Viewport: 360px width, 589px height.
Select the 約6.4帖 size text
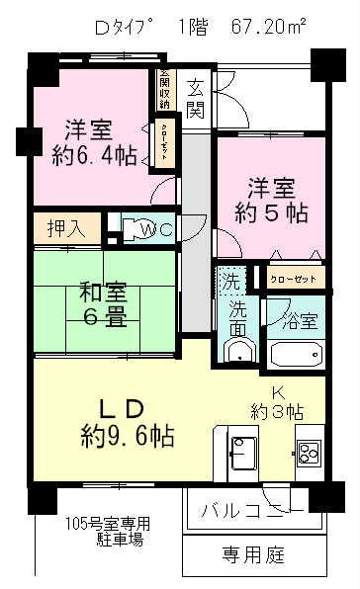point(90,153)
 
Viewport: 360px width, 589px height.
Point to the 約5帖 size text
point(270,210)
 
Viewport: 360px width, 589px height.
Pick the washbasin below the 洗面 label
point(238,352)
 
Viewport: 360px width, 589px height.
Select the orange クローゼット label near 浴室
point(293,280)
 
